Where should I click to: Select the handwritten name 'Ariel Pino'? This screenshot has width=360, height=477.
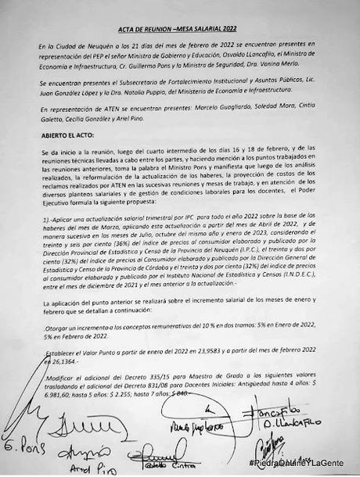(x=88, y=470)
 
